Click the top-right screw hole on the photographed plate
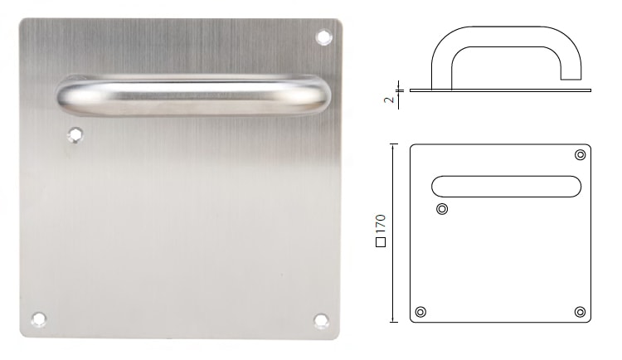(x=324, y=36)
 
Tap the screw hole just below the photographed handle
(x=76, y=133)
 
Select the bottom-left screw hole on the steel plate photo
(x=37, y=318)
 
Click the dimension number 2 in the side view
(x=388, y=100)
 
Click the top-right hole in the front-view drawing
(x=580, y=155)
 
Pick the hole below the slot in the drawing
(x=442, y=208)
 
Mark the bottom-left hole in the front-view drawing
(x=421, y=312)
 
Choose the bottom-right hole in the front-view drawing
(x=580, y=311)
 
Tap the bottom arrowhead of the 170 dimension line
(x=394, y=319)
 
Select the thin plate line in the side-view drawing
(x=498, y=88)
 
